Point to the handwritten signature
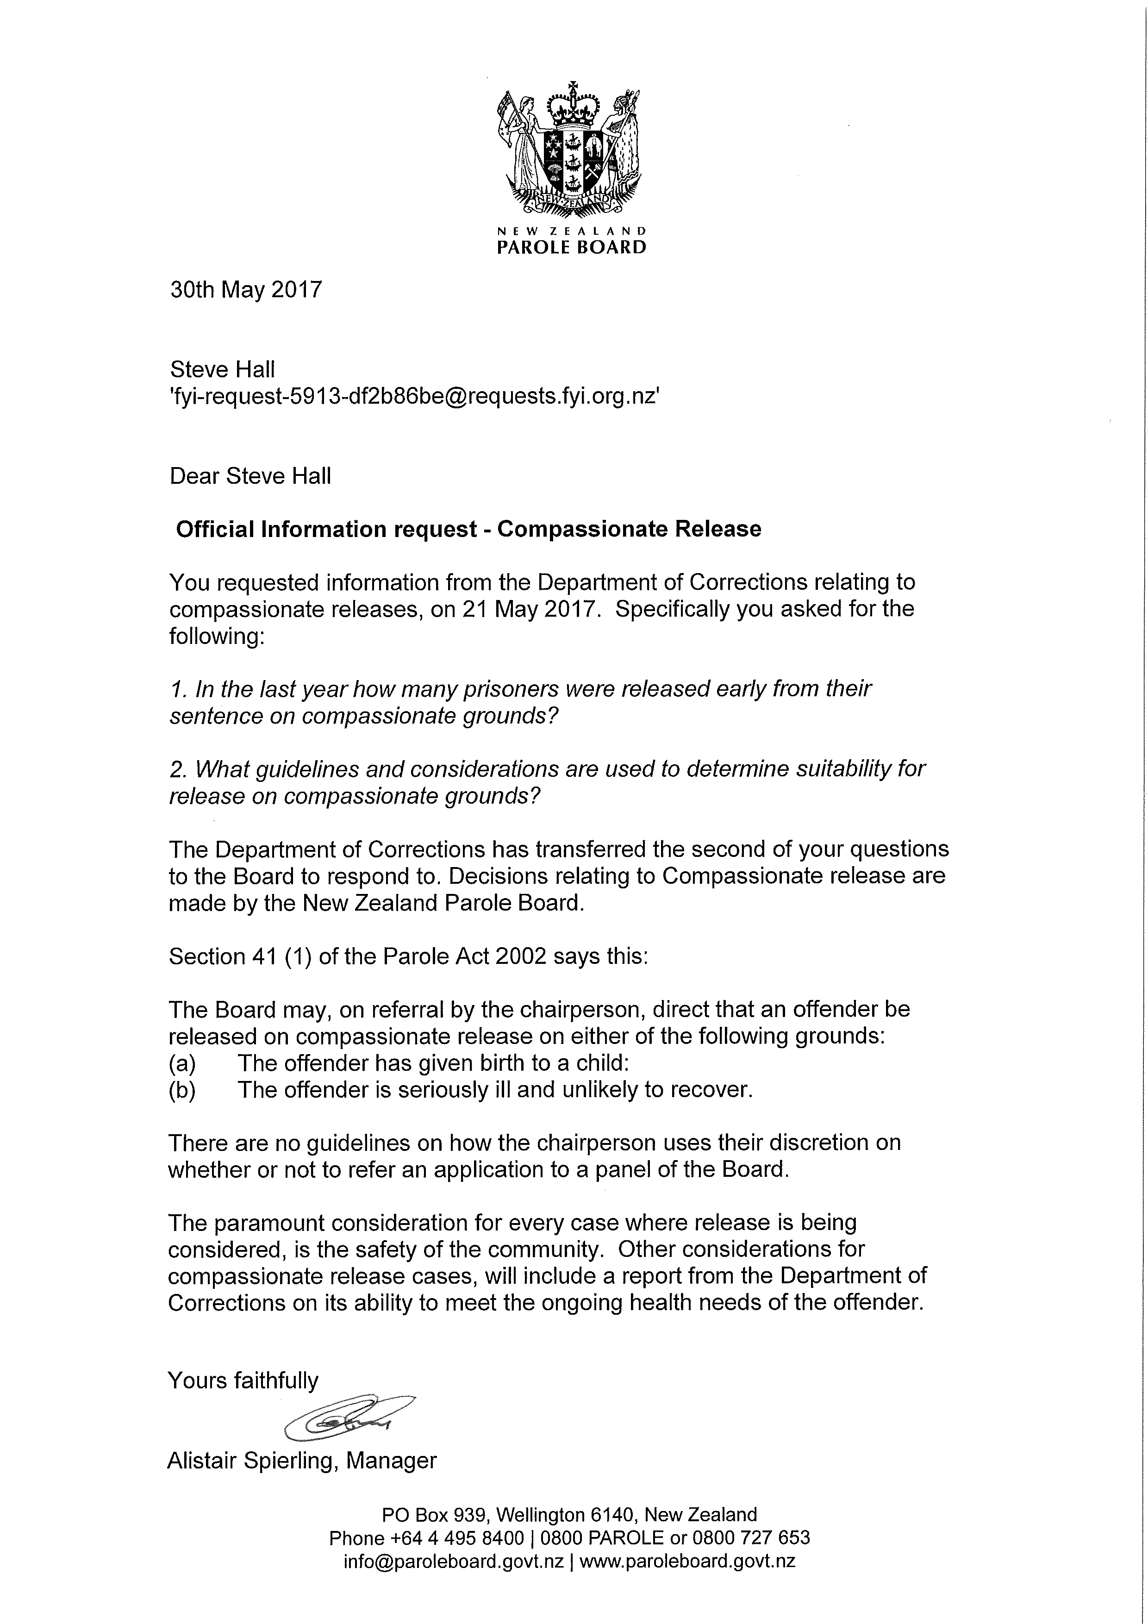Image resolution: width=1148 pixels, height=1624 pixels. (347, 1418)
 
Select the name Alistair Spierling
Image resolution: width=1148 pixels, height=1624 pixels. (250, 1461)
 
